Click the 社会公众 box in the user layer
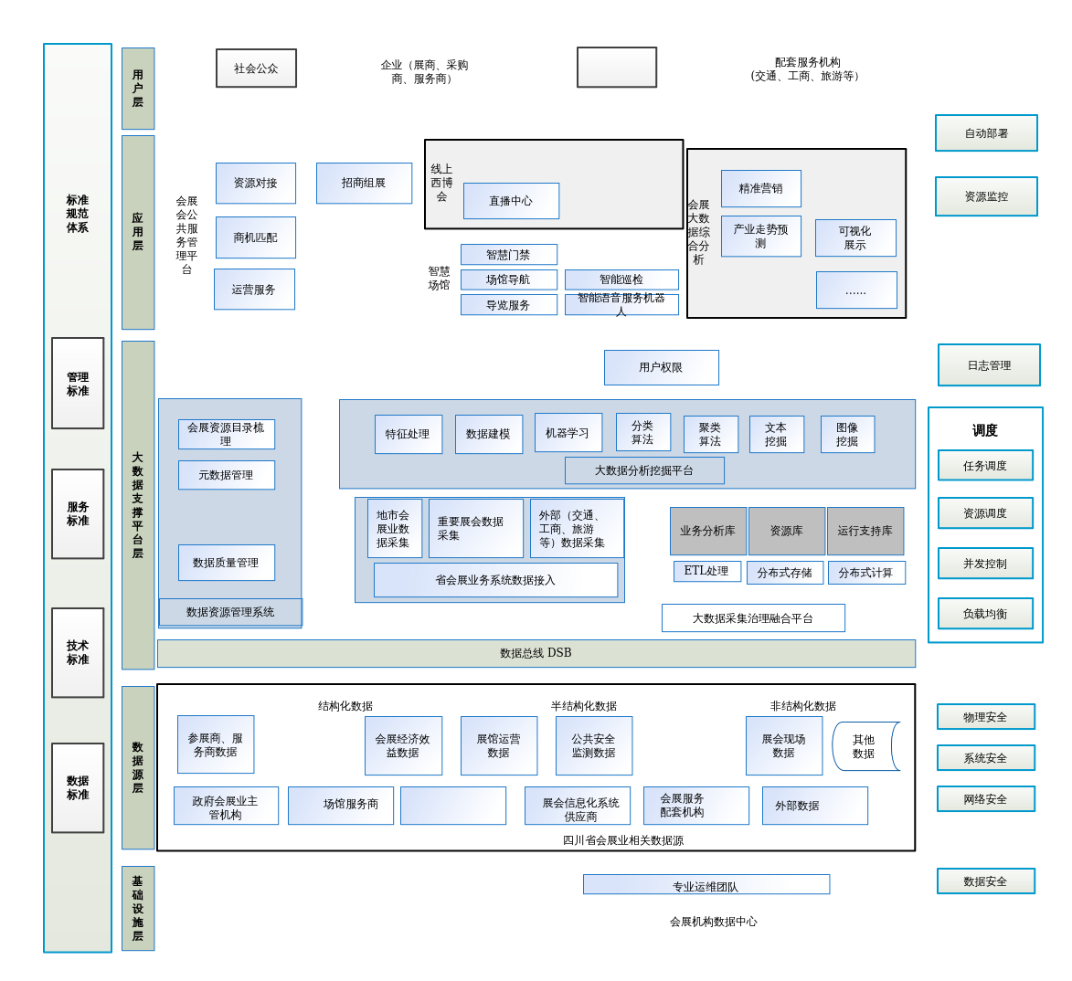pos(256,69)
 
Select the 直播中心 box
pos(511,201)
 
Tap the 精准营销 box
pos(760,188)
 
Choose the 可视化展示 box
pos(855,237)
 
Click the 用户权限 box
pos(661,367)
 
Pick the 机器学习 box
pos(568,433)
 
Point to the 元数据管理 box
pos(226,475)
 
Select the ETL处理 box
pos(706,571)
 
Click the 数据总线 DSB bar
pos(536,653)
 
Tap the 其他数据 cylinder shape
pos(865,746)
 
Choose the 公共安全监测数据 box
pos(593,745)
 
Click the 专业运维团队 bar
pos(706,885)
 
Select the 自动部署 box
pos(986,133)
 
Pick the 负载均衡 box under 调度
pos(985,614)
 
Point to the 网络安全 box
pos(985,799)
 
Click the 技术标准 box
pos(78,652)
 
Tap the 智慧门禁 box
pos(508,255)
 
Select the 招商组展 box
pos(364,183)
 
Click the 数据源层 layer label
pos(138,767)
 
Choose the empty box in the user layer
pos(617,68)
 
